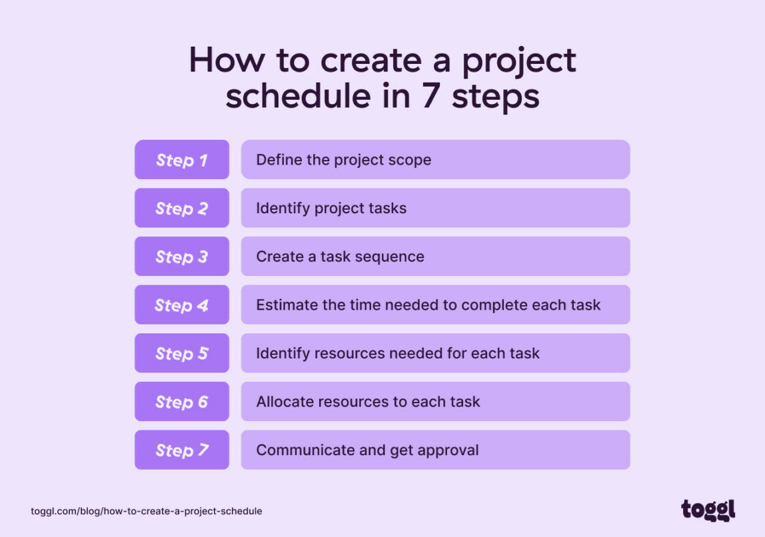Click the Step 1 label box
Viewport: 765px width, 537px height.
point(182,160)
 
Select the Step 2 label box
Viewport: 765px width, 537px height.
point(182,208)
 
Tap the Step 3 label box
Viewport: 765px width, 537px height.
point(182,257)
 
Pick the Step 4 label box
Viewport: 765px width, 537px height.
point(182,305)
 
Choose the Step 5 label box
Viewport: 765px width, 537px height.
point(182,353)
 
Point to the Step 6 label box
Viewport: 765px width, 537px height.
point(182,402)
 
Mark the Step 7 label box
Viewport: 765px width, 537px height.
point(182,450)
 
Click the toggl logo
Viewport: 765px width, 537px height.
point(708,510)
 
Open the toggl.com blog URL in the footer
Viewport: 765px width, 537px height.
point(147,511)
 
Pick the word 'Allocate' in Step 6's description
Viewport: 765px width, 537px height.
point(285,402)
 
